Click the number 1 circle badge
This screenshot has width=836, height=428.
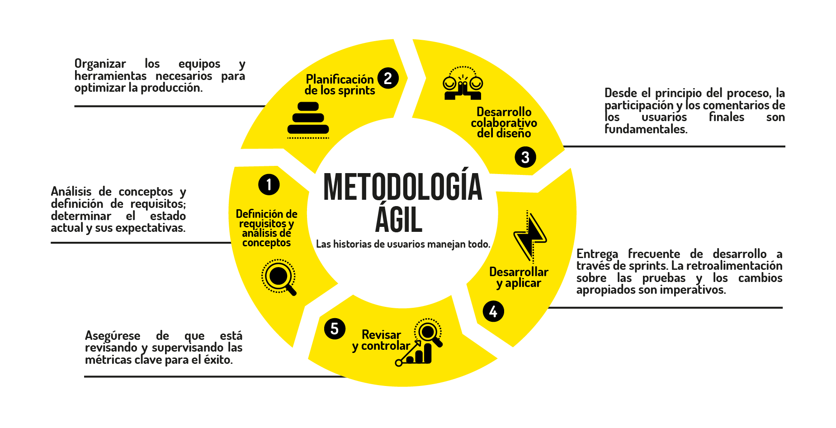[x=269, y=184]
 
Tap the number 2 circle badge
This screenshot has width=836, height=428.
[x=387, y=78]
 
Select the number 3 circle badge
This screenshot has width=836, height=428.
[x=525, y=157]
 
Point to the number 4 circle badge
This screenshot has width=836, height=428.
[x=493, y=311]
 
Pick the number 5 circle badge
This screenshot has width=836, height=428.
[x=335, y=329]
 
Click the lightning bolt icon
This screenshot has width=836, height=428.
[x=530, y=236]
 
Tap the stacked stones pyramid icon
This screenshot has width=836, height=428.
[x=308, y=119]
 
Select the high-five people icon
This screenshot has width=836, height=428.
[x=463, y=83]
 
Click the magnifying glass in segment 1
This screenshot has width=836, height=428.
[x=279, y=277]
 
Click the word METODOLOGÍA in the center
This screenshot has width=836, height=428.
[x=402, y=187]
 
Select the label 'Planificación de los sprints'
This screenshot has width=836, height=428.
[x=340, y=85]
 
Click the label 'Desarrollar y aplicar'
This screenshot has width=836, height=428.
[x=519, y=277]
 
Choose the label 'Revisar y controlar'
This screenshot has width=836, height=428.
[x=381, y=340]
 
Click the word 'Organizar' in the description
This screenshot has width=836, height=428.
[x=100, y=64]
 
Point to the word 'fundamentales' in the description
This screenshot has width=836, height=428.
[x=646, y=129]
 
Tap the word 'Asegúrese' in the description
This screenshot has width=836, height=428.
[x=113, y=336]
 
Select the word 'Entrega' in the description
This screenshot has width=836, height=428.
[x=597, y=254]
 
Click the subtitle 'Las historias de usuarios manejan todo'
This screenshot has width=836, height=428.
[x=402, y=245]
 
